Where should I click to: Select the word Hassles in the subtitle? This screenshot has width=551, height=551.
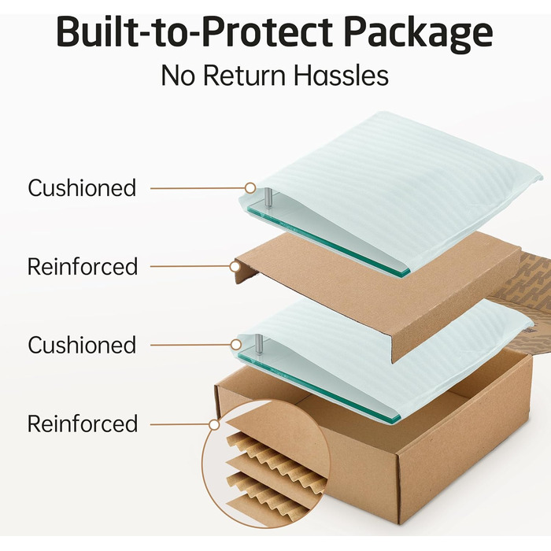click(347, 76)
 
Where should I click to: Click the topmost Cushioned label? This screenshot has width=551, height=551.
click(82, 188)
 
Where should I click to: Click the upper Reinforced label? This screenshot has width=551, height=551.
click(82, 266)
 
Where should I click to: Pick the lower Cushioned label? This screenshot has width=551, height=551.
click(82, 345)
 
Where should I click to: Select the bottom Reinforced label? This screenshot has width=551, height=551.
click(82, 423)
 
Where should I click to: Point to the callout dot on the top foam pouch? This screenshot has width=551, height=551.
click(250, 188)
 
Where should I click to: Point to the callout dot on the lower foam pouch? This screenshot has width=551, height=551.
click(236, 345)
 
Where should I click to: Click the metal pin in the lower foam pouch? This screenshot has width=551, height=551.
click(257, 344)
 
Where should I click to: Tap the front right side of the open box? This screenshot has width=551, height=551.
click(464, 441)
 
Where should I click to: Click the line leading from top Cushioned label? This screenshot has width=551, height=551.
click(197, 188)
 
